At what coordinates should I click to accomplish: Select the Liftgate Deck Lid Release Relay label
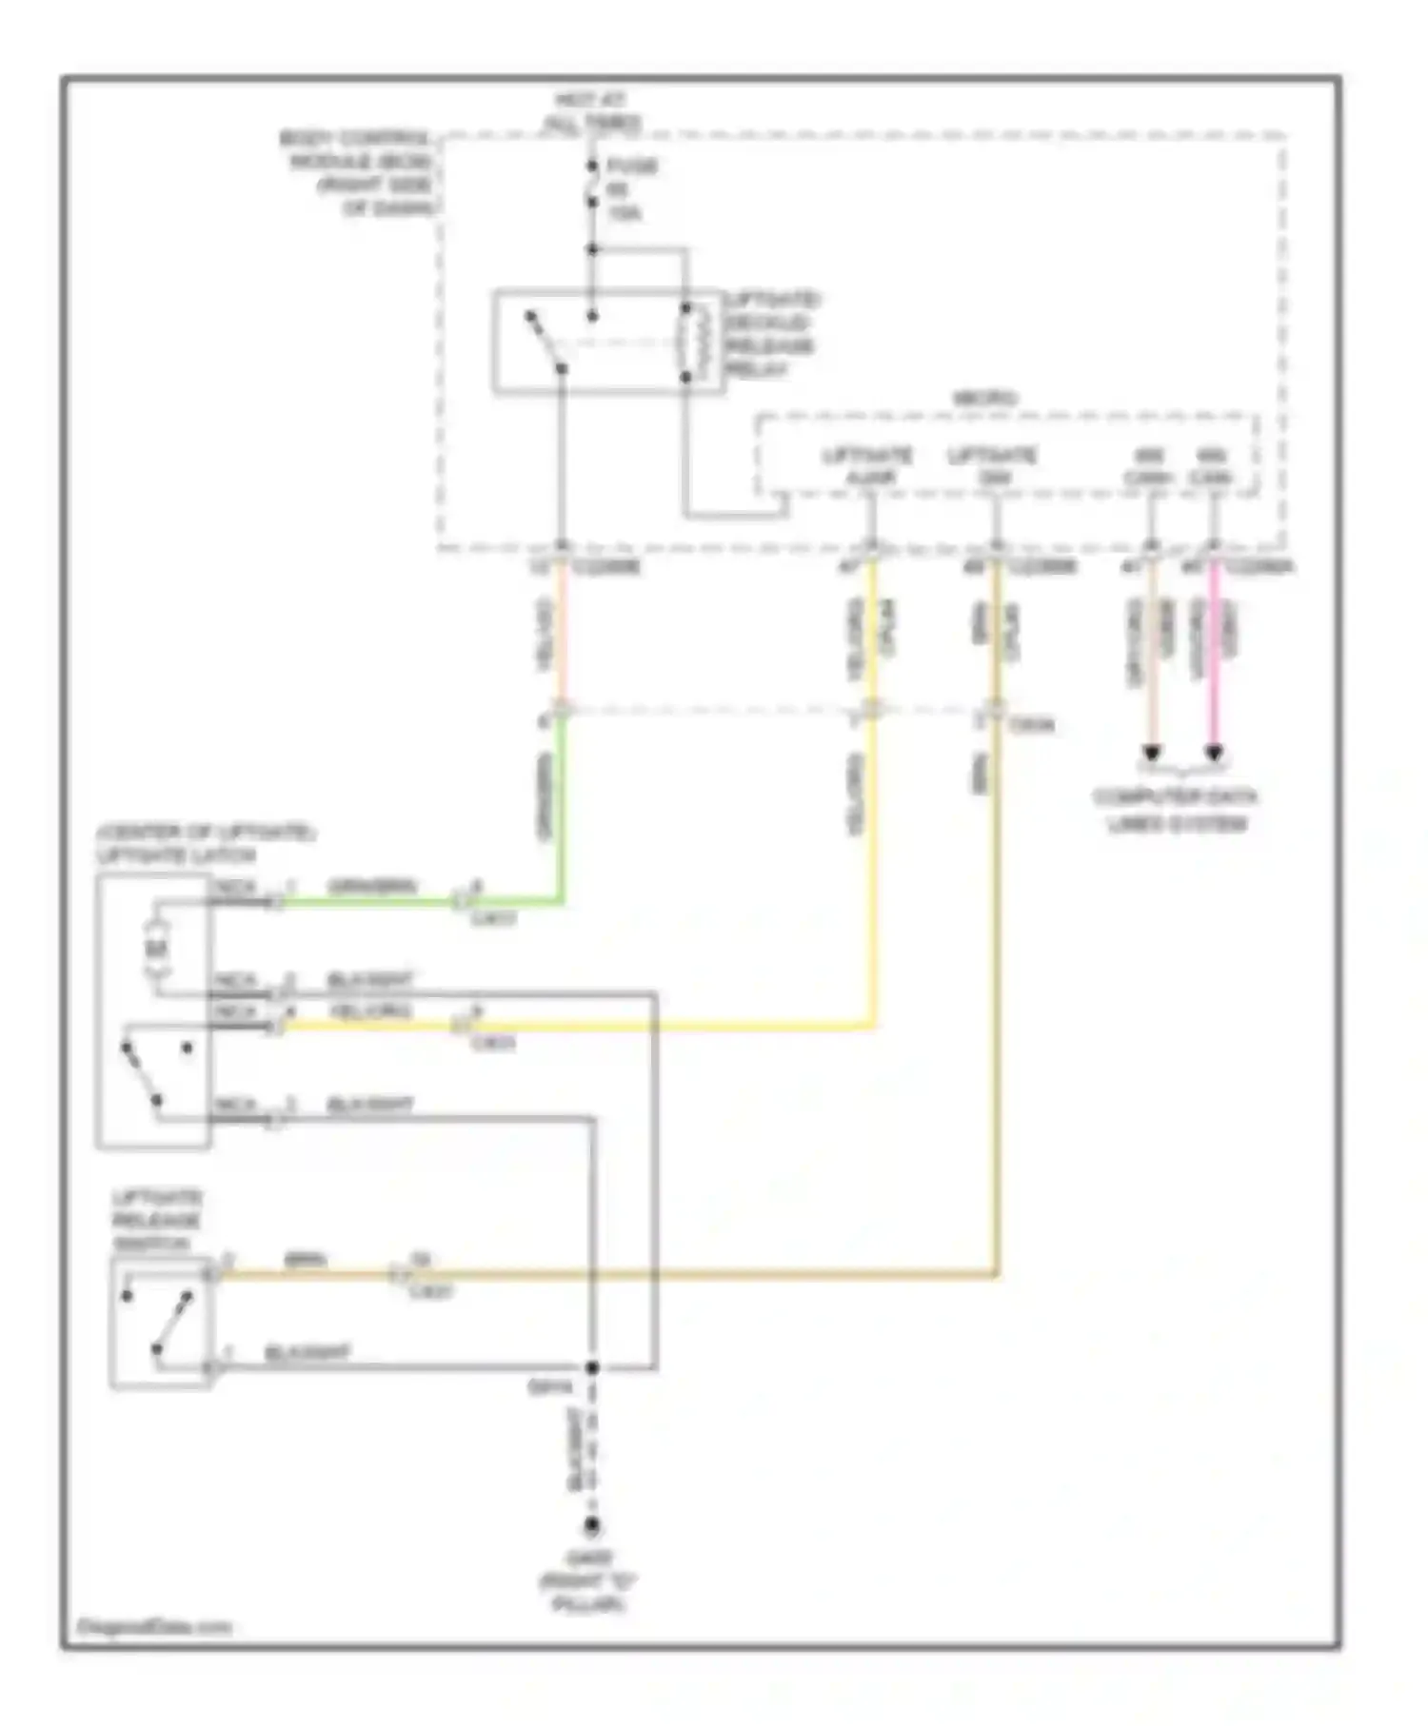(x=771, y=334)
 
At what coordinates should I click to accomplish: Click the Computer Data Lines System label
(x=1176, y=810)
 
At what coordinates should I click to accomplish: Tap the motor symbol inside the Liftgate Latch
(x=156, y=948)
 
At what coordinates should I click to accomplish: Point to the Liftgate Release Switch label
(x=156, y=1221)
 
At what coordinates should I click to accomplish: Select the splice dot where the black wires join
(x=591, y=1367)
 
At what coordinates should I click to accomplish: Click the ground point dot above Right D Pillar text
(x=591, y=1526)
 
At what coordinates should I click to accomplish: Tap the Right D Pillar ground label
(x=587, y=1581)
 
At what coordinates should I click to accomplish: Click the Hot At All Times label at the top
(x=592, y=111)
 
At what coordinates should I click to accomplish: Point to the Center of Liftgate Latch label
(x=205, y=844)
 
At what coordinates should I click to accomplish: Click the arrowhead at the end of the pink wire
(x=1214, y=754)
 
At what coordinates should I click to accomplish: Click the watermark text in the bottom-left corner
(x=153, y=1654)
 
